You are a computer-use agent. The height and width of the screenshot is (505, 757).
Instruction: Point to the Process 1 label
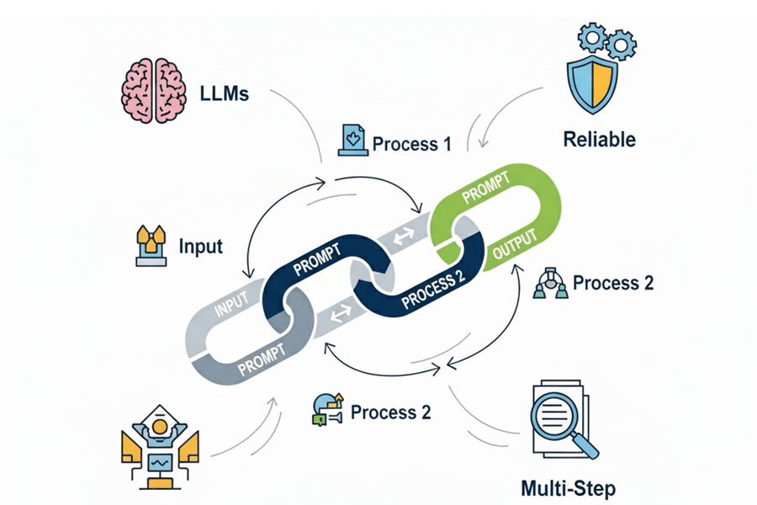[x=411, y=143]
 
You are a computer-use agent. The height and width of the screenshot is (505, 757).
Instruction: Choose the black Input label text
[x=201, y=247]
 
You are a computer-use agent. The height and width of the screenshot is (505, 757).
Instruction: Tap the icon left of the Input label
[x=151, y=246]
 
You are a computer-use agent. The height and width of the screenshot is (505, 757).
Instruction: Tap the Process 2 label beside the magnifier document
[x=390, y=412]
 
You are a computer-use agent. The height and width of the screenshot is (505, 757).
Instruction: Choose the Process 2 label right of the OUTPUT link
[x=613, y=283]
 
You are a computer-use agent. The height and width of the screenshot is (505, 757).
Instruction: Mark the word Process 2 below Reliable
[x=613, y=283]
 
